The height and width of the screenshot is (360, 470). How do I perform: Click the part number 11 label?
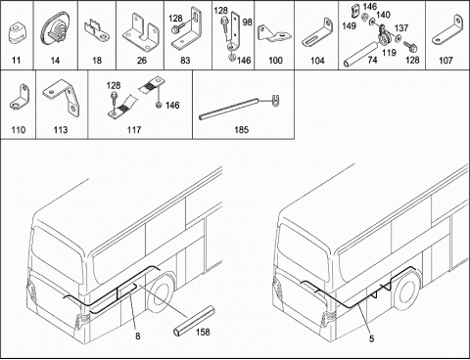tap(16, 61)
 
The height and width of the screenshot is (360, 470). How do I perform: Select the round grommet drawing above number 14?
tap(55, 30)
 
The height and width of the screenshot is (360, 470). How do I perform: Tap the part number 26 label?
tap(142, 61)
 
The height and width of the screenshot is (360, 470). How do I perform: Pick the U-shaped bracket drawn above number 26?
tap(141, 32)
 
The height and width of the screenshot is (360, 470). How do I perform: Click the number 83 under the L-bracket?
tap(185, 61)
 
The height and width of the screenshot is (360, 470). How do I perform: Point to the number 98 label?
tap(248, 22)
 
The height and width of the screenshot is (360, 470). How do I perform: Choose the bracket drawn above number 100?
tap(274, 34)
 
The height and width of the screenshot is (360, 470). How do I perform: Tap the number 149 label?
tap(349, 25)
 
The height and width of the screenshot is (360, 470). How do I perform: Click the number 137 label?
tap(401, 28)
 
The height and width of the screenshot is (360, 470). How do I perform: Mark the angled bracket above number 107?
tap(447, 30)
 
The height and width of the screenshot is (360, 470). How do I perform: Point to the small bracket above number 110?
tap(20, 97)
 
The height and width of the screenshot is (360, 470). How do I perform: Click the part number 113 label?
tap(61, 130)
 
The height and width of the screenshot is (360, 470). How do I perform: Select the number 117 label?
tap(134, 130)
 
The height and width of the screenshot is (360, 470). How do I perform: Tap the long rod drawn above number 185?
tap(229, 109)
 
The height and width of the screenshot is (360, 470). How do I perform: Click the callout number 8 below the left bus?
tap(138, 336)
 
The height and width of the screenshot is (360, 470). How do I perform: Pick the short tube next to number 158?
tap(194, 321)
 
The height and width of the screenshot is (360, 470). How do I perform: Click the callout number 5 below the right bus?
tap(372, 338)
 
